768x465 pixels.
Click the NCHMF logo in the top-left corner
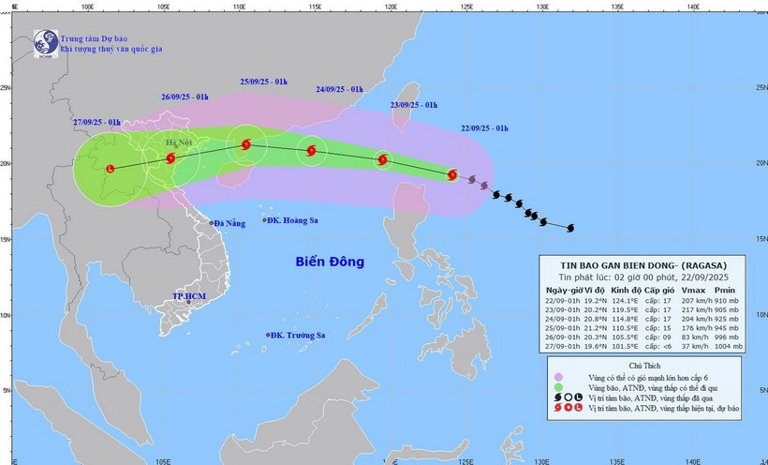point(44,42)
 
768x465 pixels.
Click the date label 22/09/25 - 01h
point(485,127)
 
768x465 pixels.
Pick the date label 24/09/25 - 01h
point(340,90)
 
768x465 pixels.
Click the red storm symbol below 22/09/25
point(453,174)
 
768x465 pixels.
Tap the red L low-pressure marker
point(111,169)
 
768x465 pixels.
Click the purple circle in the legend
point(557,376)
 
